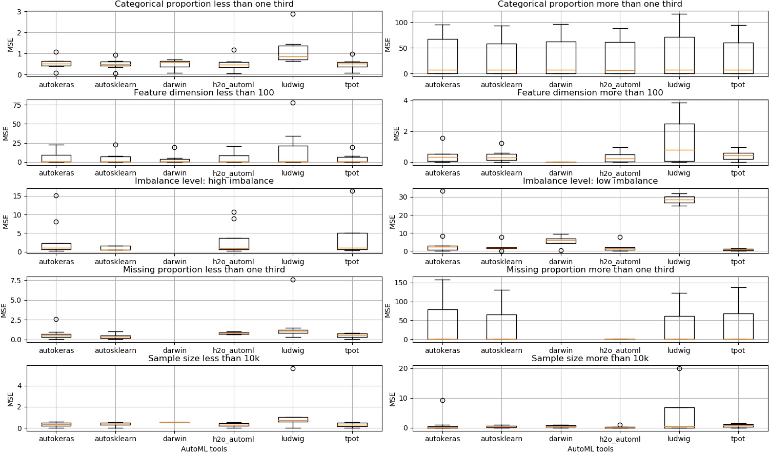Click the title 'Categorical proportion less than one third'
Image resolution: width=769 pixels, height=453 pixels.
[x=204, y=4]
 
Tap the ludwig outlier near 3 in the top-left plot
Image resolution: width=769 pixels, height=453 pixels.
[x=293, y=14]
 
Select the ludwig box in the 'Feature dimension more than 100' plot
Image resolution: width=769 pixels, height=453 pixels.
[x=679, y=143]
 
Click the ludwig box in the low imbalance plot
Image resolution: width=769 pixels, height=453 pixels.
[x=679, y=200]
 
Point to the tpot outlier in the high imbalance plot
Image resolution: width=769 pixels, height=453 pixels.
[x=352, y=191]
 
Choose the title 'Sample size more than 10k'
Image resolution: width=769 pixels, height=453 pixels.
[x=590, y=359]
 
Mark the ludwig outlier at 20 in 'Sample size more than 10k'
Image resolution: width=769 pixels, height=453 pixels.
[x=679, y=368]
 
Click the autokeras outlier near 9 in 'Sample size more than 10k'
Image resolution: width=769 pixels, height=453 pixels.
[x=443, y=401]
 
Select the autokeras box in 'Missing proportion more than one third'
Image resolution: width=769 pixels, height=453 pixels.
[x=442, y=325]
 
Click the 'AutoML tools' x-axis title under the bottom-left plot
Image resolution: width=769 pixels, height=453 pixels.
[x=204, y=449]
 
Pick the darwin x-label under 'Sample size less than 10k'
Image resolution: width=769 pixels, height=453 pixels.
[x=175, y=439]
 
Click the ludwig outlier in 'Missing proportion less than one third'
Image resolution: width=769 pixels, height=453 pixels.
[x=293, y=280]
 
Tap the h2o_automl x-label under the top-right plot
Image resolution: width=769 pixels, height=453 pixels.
[x=620, y=85]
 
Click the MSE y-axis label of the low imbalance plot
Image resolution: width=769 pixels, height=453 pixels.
[x=392, y=222]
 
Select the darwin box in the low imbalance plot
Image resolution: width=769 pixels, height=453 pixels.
[x=561, y=241]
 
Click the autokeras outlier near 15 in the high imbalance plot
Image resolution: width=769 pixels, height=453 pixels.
[x=56, y=196]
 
